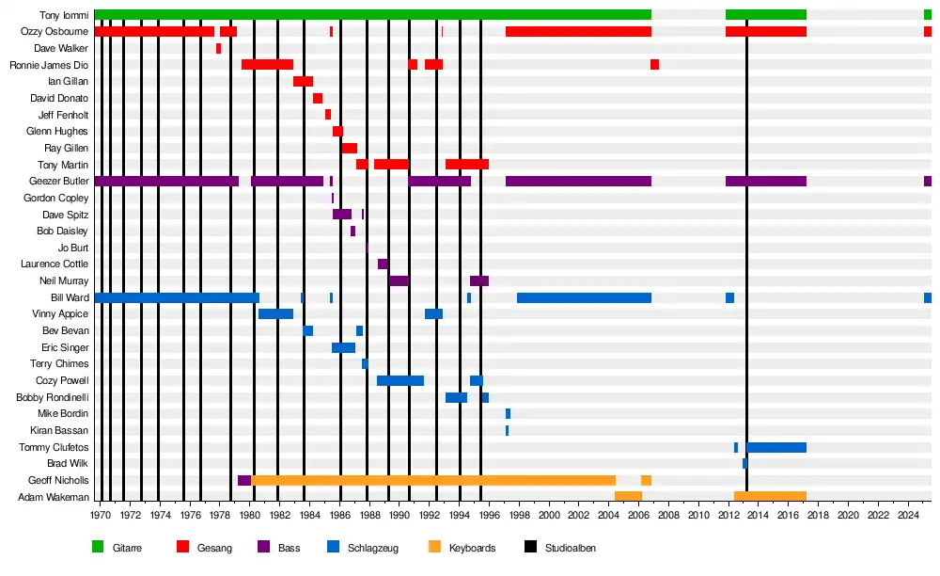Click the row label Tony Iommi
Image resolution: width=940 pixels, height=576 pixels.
click(x=64, y=15)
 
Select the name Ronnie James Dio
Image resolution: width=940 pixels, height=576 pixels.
click(x=49, y=65)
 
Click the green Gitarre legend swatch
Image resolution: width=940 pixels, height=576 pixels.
click(x=98, y=547)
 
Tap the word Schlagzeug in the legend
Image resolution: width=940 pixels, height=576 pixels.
click(x=373, y=548)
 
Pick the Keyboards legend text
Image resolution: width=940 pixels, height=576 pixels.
click(x=472, y=548)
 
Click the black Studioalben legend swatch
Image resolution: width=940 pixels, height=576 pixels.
click(x=530, y=547)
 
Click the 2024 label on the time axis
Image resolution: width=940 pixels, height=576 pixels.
click(x=908, y=516)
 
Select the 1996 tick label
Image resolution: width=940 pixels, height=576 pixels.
click(x=489, y=516)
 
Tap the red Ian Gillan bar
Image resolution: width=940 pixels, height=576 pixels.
click(x=303, y=82)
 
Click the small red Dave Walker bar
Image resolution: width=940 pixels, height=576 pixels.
click(x=218, y=48)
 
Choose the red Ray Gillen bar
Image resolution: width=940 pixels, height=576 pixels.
click(x=349, y=148)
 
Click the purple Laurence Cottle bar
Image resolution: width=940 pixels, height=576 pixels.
click(x=383, y=264)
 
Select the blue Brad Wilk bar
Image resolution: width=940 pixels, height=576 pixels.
click(x=744, y=464)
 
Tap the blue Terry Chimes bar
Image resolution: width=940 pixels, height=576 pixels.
click(x=365, y=364)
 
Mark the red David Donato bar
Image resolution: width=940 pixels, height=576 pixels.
click(x=318, y=98)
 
